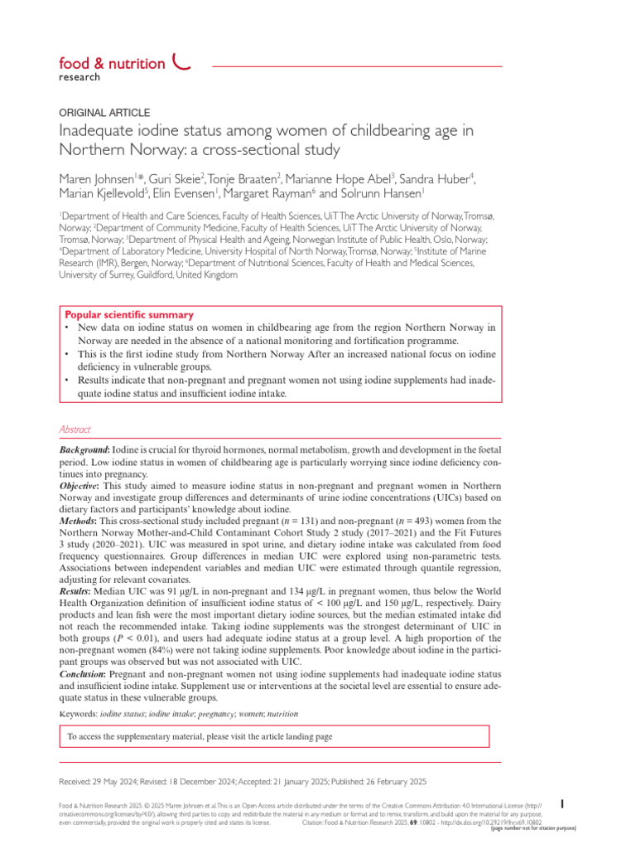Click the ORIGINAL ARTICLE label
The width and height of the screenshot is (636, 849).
105,112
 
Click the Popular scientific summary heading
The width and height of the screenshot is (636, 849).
129,315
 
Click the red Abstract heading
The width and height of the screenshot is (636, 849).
75,429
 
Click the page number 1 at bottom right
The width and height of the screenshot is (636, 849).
563,803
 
